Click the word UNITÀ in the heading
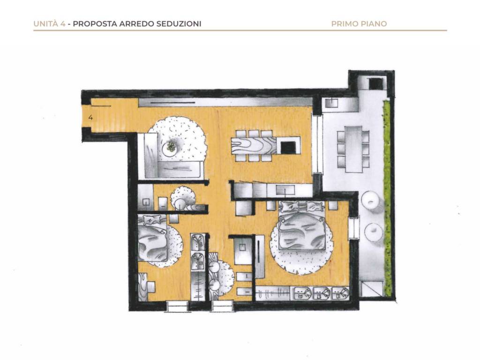point(46,24)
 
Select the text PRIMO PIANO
point(359,24)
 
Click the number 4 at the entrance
point(90,117)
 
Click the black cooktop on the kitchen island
point(288,147)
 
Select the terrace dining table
point(353,149)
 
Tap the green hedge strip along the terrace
point(387,199)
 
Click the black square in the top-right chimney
point(375,83)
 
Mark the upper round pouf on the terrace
point(371,201)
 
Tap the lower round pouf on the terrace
point(374,231)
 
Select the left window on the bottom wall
point(177,307)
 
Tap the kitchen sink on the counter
point(285,190)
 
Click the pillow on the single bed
point(150,220)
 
